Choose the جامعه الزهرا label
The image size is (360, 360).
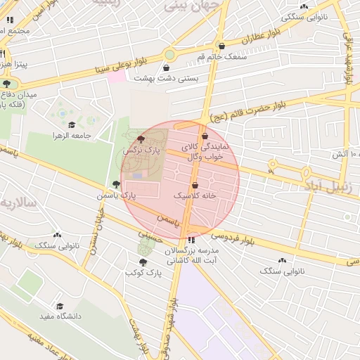(x=72, y=135)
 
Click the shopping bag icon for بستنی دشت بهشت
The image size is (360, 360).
(x=166, y=68)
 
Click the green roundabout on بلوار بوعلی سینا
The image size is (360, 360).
(x=169, y=54)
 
